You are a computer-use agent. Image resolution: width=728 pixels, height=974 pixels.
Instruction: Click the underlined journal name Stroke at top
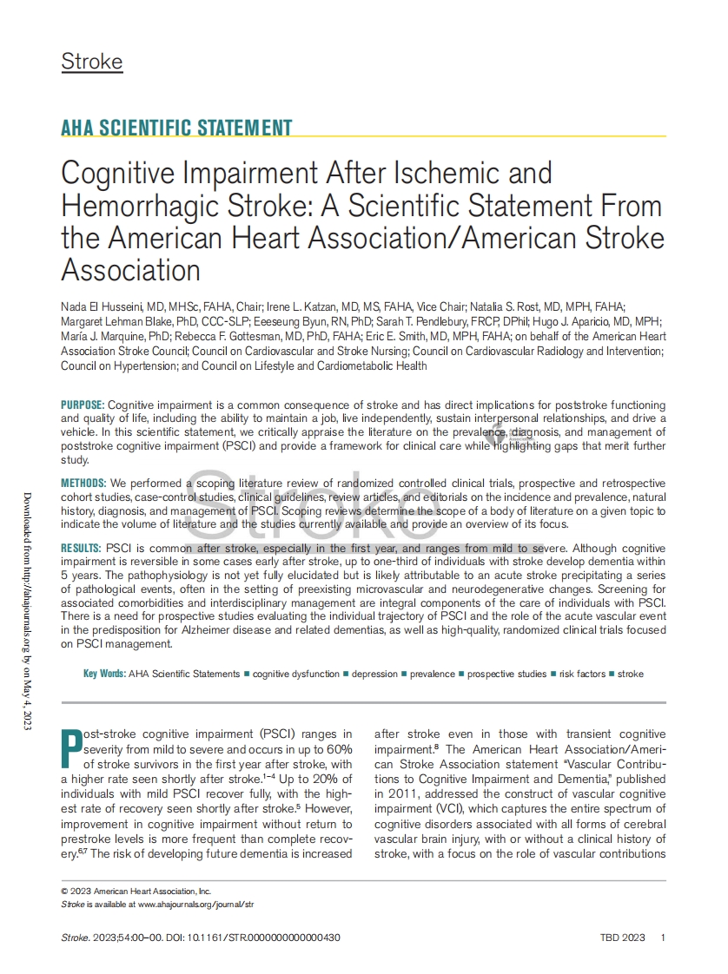[x=91, y=63]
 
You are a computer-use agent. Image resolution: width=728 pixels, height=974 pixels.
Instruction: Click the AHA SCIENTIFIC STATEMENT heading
[x=176, y=128]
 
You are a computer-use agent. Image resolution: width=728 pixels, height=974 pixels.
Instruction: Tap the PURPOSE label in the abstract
[x=83, y=405]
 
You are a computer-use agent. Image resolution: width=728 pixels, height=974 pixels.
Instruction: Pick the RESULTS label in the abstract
[x=82, y=549]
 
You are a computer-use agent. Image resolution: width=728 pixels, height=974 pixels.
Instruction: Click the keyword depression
[x=374, y=674]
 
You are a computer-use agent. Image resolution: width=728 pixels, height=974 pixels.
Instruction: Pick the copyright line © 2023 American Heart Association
[x=136, y=891]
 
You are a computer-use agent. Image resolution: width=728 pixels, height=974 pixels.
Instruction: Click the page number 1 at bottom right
[x=663, y=938]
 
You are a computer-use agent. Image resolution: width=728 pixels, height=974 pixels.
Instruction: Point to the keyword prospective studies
[x=507, y=674]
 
